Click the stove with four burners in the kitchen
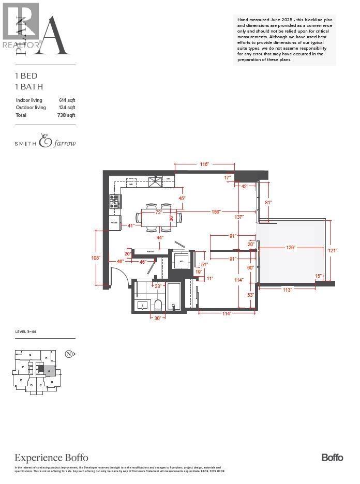click(x=114, y=201)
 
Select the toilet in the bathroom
click(x=158, y=305)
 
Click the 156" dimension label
click(x=216, y=211)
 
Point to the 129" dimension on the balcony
click(x=291, y=248)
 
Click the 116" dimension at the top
click(x=204, y=164)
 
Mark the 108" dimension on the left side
click(x=96, y=258)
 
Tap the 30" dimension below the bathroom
click(x=157, y=319)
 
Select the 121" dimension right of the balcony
click(x=333, y=250)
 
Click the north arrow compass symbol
click(x=68, y=354)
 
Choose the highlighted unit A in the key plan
click(x=49, y=371)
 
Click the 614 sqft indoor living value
click(x=67, y=100)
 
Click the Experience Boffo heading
click(x=51, y=458)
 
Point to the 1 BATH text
click(x=29, y=87)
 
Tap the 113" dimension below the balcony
click(x=287, y=290)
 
